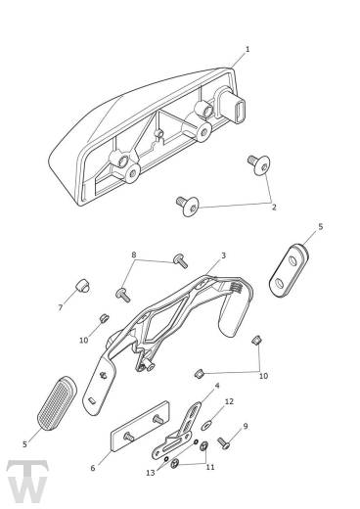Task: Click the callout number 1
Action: pyautogui.click(x=247, y=50)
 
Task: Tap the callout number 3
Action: pyautogui.click(x=223, y=255)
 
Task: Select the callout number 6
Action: pyautogui.click(x=93, y=468)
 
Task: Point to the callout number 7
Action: pyautogui.click(x=61, y=307)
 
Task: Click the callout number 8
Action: pyautogui.click(x=134, y=254)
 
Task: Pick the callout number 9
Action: pyautogui.click(x=246, y=426)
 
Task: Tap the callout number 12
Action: pyautogui.click(x=229, y=401)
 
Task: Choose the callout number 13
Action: pyautogui.click(x=151, y=473)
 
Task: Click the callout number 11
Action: pyautogui.click(x=210, y=467)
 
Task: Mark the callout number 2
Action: pyautogui.click(x=274, y=207)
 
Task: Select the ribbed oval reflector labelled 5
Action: pyautogui.click(x=57, y=403)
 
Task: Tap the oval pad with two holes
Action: pyautogui.click(x=289, y=270)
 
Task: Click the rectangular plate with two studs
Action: pyautogui.click(x=140, y=426)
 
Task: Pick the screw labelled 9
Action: pyautogui.click(x=224, y=443)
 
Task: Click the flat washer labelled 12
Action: pyautogui.click(x=206, y=425)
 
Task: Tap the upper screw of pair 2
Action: pyautogui.click(x=259, y=164)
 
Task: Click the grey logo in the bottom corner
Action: pyautogui.click(x=27, y=481)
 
